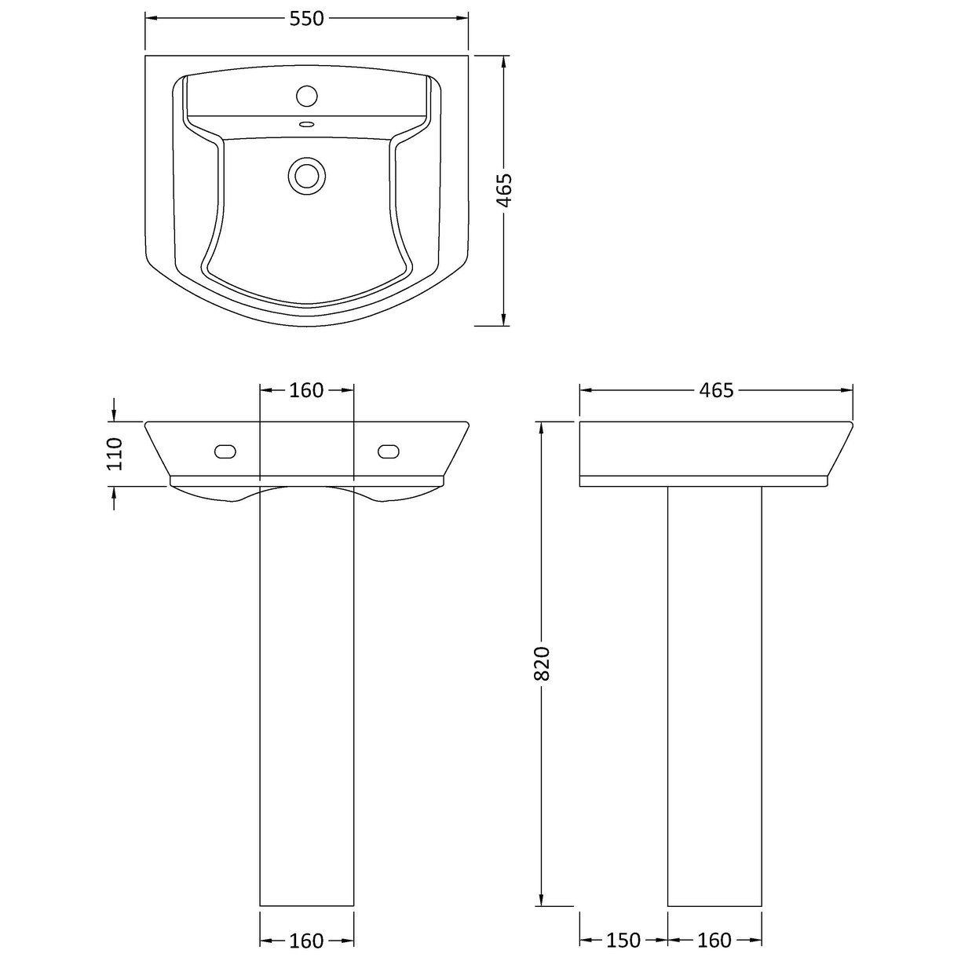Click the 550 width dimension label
click(306, 20)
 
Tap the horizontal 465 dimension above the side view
click(716, 390)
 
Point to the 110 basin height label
click(115, 453)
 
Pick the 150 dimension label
click(623, 940)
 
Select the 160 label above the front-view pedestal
click(306, 390)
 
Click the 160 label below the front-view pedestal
click(306, 940)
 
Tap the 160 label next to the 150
click(714, 940)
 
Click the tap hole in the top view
click(306, 97)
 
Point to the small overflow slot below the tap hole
click(306, 123)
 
